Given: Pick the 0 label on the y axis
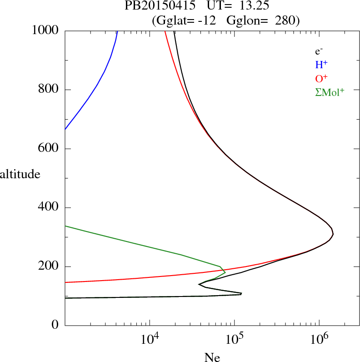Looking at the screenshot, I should (56, 325).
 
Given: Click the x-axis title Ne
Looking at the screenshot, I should (212, 357).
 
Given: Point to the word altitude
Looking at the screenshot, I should (20, 174).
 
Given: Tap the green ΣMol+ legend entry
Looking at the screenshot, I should (330, 92).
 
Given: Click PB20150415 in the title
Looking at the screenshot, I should (159, 6).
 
